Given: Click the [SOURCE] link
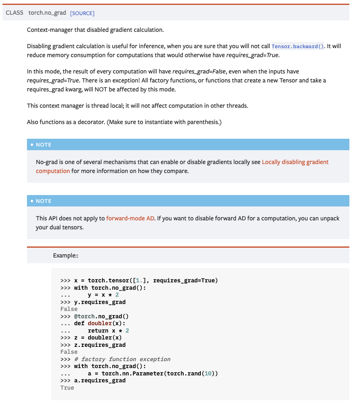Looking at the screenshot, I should click(x=82, y=13).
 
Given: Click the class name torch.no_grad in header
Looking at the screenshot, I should click(x=47, y=13).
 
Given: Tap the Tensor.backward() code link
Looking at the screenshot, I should click(x=298, y=47).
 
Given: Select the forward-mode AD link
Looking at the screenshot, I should click(x=130, y=218).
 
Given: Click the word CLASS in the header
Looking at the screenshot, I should click(x=15, y=13).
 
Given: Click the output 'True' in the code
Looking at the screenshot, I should click(x=67, y=388).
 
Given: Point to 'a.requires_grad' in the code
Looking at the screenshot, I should click(x=100, y=380).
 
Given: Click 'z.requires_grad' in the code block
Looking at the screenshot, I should click(x=100, y=345).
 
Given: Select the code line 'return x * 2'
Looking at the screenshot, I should click(x=108, y=331).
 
